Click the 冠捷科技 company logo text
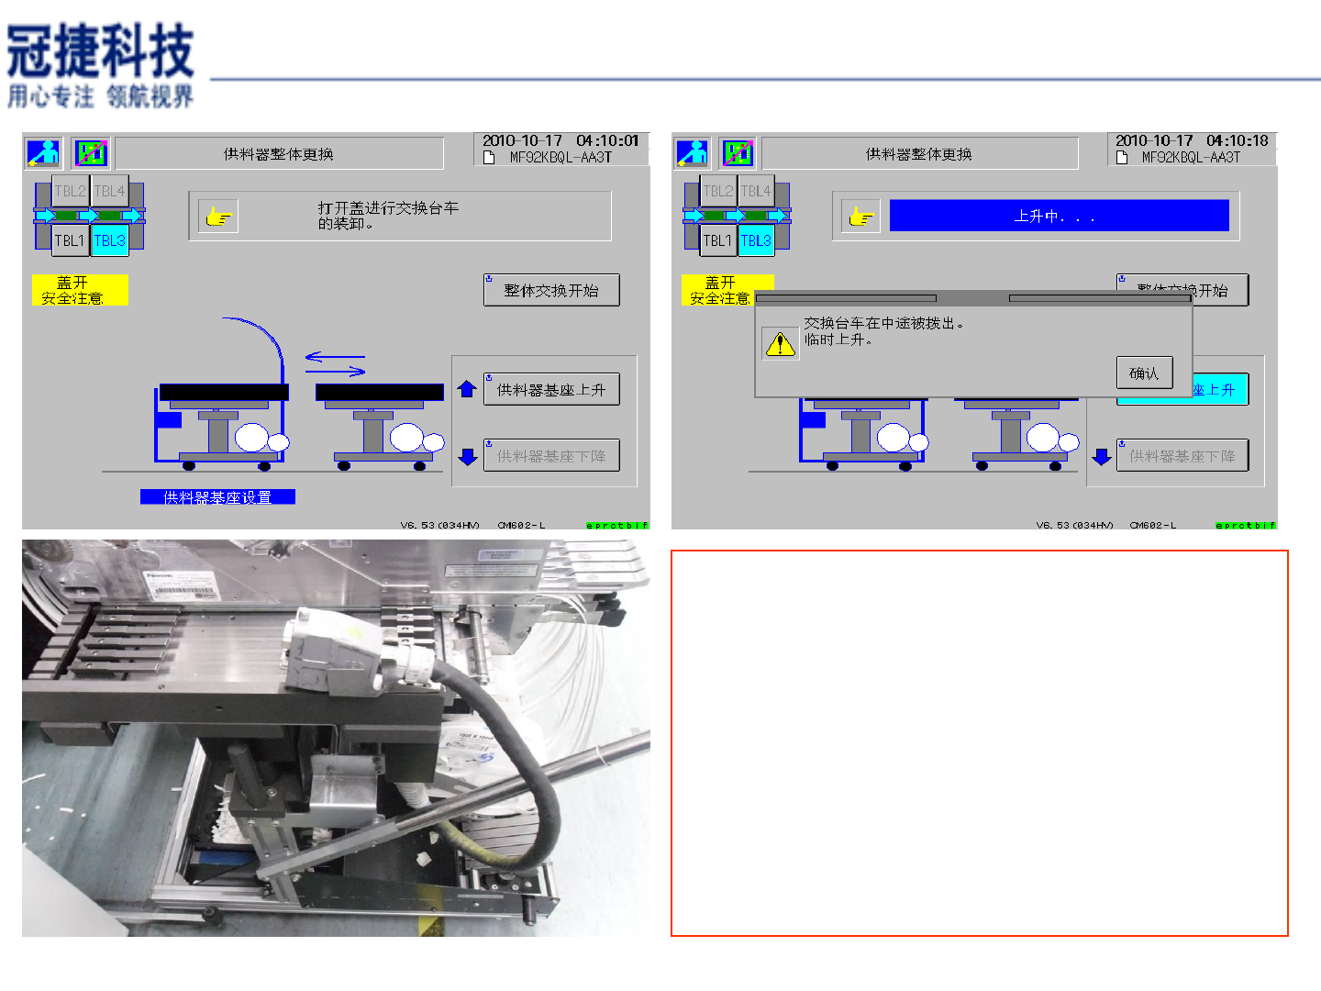click(100, 51)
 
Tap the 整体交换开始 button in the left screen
click(551, 290)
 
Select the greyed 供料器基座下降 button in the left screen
click(551, 456)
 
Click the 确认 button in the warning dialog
click(1144, 373)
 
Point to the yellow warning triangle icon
click(780, 344)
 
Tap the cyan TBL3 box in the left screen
click(109, 240)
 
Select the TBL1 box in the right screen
click(716, 240)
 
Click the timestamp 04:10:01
click(607, 140)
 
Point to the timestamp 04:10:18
click(1237, 140)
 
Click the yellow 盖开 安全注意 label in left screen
click(79, 290)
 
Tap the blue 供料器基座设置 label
click(217, 497)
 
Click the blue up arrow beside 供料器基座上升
click(467, 389)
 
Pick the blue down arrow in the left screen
click(468, 456)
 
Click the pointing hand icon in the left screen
click(218, 217)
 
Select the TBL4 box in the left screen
click(109, 192)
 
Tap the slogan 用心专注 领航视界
click(100, 96)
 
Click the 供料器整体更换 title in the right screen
click(918, 154)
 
